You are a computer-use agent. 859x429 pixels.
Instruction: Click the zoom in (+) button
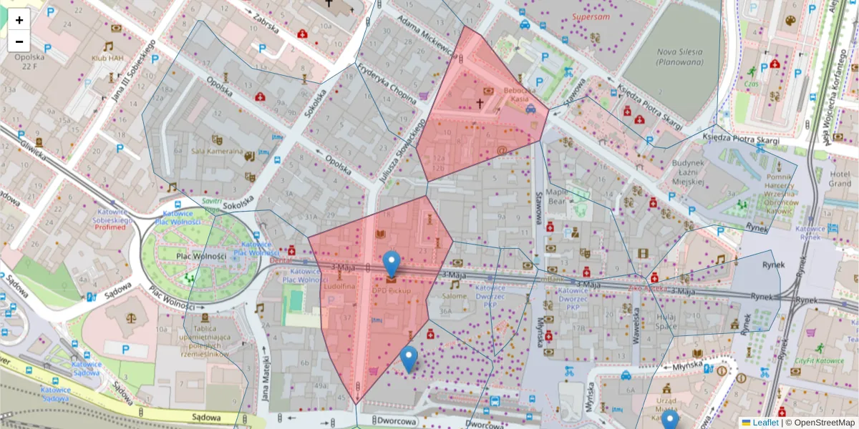pyautogui.click(x=19, y=20)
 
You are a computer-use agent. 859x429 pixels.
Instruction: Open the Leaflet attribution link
pyautogui.click(x=765, y=423)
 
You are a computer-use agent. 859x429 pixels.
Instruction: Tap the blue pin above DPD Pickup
pyautogui.click(x=391, y=263)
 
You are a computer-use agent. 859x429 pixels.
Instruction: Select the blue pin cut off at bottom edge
pyautogui.click(x=669, y=420)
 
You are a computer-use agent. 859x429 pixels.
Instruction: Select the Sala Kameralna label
pyautogui.click(x=215, y=151)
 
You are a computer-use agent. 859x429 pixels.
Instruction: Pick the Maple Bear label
pyautogui.click(x=557, y=197)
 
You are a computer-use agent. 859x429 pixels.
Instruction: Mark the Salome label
pyautogui.click(x=455, y=296)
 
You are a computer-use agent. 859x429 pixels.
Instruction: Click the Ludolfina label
pyautogui.click(x=339, y=286)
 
